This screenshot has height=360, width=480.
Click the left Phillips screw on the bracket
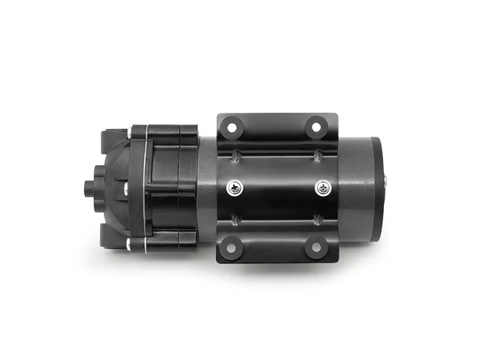point(234,188)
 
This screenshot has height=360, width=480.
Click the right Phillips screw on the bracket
point(323,188)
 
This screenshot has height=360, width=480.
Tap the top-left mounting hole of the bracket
point(230,127)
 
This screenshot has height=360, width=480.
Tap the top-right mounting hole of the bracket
point(316,127)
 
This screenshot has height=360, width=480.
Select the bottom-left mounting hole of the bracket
point(230,247)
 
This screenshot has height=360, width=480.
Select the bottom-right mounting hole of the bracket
point(316,247)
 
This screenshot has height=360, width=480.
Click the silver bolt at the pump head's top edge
point(129,131)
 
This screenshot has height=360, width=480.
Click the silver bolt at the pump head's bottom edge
point(129,243)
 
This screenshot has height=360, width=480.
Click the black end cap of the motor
point(376,188)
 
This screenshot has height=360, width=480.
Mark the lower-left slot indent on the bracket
point(236,219)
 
